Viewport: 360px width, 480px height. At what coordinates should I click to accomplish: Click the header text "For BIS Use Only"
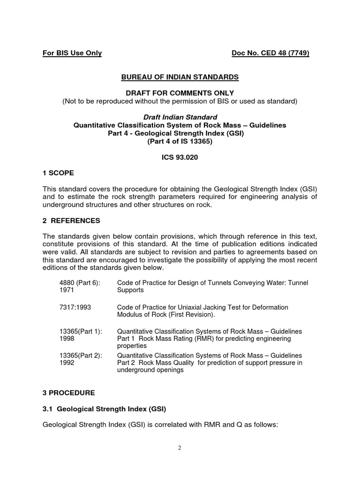(72, 53)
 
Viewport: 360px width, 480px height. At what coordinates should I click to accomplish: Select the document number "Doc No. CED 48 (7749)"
(270, 53)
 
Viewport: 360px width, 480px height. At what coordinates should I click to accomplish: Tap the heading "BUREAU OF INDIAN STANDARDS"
(180, 77)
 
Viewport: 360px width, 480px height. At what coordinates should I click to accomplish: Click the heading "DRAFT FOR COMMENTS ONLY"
(180, 93)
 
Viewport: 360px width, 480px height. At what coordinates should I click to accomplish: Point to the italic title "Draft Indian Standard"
(180, 117)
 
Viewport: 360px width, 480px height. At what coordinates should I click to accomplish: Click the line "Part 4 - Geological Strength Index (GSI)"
(180, 133)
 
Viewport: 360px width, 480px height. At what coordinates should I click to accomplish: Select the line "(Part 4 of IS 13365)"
(180, 141)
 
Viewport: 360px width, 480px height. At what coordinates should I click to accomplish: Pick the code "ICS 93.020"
(180, 157)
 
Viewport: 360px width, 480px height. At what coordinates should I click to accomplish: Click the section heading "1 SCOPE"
(58, 173)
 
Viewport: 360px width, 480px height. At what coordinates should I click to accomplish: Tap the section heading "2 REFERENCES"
(71, 221)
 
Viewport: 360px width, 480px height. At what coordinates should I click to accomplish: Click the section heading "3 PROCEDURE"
(68, 393)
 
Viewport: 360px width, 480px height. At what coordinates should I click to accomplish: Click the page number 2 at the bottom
(180, 448)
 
